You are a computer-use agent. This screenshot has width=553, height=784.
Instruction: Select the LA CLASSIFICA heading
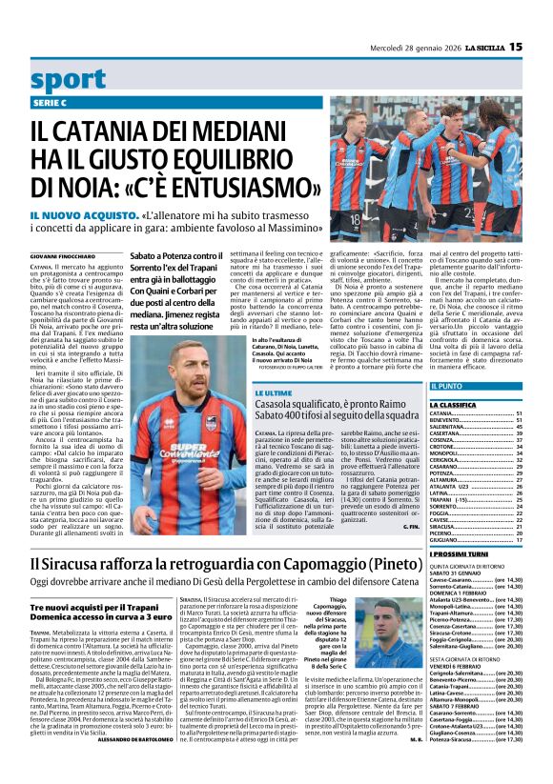(453, 405)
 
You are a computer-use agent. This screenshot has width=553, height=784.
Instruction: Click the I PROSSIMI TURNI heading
(459, 553)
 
